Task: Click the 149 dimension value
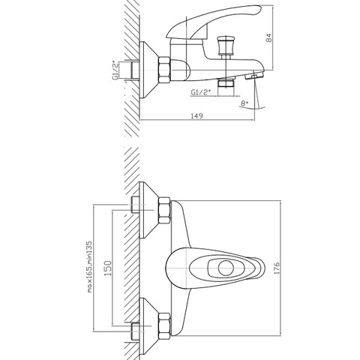197,116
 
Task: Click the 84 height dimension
269,38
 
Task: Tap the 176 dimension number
277,268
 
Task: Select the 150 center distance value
108,268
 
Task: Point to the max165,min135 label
89,266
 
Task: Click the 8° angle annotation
244,103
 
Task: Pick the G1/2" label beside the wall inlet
115,70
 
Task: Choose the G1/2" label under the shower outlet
200,92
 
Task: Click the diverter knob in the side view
226,46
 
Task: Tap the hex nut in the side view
164,70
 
